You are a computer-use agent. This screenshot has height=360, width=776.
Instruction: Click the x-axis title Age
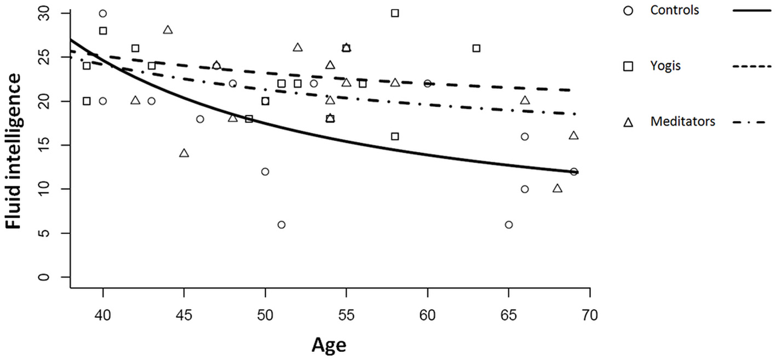point(329,345)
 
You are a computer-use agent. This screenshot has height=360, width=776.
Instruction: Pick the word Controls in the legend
point(674,10)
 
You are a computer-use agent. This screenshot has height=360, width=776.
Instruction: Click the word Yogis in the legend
point(664,66)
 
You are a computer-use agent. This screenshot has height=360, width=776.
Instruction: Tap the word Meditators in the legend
point(682,122)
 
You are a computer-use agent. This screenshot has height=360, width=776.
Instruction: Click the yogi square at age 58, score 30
point(395,13)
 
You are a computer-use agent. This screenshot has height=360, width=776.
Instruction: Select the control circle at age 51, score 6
point(281,225)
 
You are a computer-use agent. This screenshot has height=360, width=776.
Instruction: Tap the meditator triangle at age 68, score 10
point(557,188)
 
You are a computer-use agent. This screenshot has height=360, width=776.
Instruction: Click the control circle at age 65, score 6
point(509,225)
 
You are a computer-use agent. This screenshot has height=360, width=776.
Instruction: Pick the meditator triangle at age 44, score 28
point(168,30)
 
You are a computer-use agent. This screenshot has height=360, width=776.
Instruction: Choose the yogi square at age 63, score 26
point(476,48)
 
